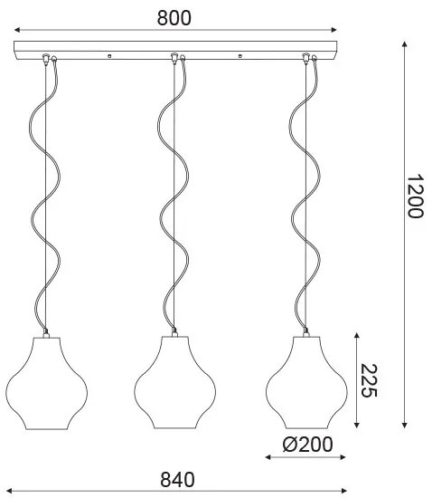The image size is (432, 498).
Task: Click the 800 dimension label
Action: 174,18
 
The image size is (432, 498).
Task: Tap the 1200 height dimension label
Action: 415,196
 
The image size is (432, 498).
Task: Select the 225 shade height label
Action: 369,380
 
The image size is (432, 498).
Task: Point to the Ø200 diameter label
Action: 307,445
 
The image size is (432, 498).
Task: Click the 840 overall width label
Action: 177,480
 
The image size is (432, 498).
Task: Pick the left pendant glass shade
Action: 47,383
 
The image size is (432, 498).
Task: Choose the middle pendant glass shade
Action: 175,383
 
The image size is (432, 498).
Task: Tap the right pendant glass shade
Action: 306,383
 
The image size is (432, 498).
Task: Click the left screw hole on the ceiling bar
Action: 109,56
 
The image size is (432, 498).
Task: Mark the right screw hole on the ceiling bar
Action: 240,56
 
